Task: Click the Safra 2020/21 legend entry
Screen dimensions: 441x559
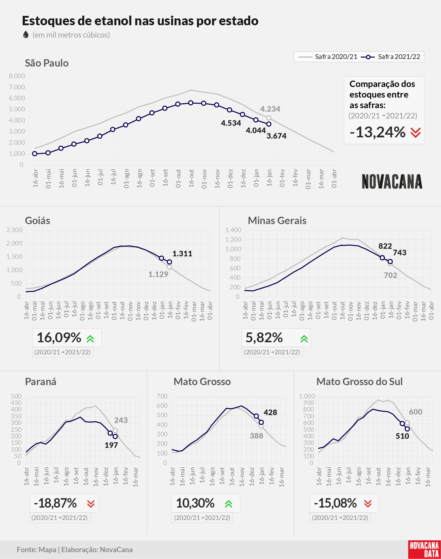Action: (327, 57)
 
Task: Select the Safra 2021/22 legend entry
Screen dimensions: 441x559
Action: (390, 57)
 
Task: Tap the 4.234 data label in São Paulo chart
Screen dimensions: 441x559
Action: (270, 109)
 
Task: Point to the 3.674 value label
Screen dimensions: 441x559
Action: (277, 136)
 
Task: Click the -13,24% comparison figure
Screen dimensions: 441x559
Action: (378, 132)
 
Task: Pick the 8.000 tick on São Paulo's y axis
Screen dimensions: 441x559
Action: (17, 76)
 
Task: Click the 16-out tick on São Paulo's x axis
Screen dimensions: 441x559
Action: (191, 178)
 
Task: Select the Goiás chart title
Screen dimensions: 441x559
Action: (38, 221)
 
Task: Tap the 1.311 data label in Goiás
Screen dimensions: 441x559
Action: (182, 254)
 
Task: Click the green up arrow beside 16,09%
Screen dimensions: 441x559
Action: (90, 339)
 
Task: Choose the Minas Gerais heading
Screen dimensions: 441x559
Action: (277, 221)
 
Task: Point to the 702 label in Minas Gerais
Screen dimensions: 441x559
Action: (390, 275)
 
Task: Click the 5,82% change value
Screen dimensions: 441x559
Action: (264, 338)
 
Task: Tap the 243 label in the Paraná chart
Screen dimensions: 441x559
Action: (121, 420)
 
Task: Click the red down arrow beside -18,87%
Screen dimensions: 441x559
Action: (91, 504)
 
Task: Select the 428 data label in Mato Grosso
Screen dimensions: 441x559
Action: (270, 413)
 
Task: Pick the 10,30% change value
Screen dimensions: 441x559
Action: (195, 503)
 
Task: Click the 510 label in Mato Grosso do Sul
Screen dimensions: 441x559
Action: (402, 436)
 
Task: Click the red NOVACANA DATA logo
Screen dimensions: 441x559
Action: (424, 549)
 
